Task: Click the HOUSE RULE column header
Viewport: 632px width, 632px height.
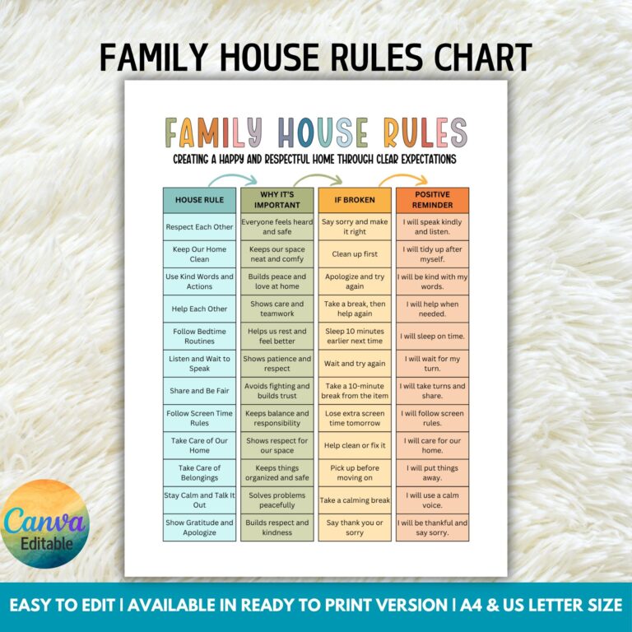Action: click(199, 200)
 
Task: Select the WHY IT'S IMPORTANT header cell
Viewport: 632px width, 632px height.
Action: click(276, 200)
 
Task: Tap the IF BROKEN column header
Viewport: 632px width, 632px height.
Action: click(354, 200)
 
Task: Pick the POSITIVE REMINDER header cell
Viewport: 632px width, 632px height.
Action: click(432, 200)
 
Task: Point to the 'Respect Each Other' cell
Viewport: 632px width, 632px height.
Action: click(199, 227)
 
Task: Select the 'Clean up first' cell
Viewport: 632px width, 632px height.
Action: click(354, 254)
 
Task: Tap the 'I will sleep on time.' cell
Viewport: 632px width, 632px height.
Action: click(432, 337)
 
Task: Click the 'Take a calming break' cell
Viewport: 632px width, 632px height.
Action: click(354, 500)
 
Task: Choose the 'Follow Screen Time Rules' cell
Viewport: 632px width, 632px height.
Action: click(199, 418)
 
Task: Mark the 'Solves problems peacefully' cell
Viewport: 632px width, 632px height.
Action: click(276, 500)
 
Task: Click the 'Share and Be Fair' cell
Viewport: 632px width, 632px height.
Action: click(199, 391)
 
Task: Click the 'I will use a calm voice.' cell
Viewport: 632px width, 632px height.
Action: click(432, 500)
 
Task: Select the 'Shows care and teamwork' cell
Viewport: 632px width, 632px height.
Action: click(276, 309)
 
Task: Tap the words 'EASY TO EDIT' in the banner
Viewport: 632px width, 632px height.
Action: click(65, 606)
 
